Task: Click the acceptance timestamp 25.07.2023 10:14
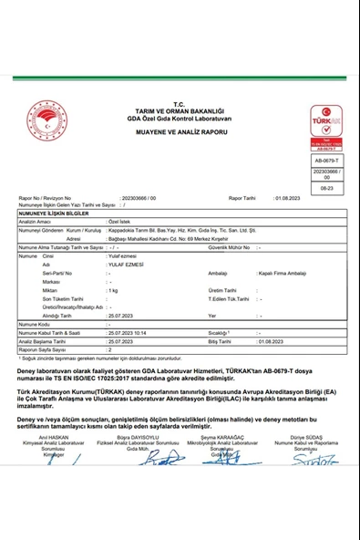[132, 333]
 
